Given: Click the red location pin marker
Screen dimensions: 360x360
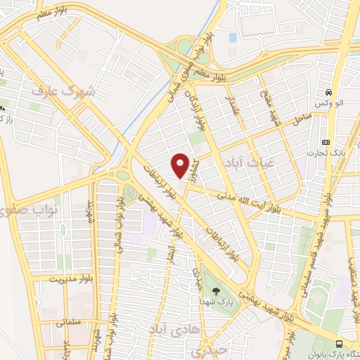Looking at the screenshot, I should tap(180, 165).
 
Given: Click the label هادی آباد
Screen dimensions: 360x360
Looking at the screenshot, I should tap(176, 328).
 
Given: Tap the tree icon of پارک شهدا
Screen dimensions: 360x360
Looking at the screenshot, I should tap(215, 290).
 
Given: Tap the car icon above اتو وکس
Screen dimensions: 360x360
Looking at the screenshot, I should tap(328, 93).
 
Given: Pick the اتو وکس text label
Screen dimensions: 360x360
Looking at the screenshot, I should tap(329, 104).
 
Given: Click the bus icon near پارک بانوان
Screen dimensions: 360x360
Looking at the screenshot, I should tap(340, 344).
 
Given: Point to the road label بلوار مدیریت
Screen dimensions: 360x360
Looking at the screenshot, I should tap(58, 279).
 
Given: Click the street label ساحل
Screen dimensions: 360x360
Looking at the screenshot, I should tap(302, 120).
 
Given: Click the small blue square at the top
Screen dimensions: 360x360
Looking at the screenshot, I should tap(232, 37).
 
